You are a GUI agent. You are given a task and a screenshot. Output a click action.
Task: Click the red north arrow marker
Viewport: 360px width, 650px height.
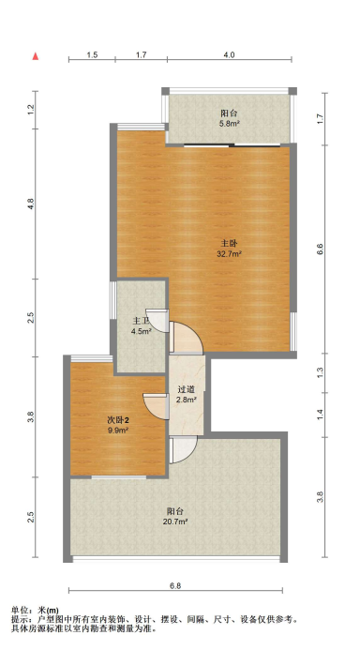coord(35,57)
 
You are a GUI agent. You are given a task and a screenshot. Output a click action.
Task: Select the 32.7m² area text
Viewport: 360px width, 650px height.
coord(230,253)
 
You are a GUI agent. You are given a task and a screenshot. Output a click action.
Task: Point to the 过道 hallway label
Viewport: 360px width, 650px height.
coord(187,389)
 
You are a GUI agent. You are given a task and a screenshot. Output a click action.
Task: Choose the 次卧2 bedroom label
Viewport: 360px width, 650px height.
coord(117,419)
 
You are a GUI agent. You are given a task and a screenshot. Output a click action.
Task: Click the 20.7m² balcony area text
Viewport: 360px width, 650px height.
coord(176,521)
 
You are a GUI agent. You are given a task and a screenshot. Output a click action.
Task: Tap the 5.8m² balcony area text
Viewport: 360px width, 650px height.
coord(229,123)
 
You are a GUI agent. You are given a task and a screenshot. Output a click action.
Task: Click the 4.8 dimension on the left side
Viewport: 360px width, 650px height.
coord(31,202)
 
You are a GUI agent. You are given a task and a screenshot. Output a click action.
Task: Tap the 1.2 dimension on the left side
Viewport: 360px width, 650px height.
coord(31,109)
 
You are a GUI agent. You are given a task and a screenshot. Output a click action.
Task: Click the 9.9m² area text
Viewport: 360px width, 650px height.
coord(117,431)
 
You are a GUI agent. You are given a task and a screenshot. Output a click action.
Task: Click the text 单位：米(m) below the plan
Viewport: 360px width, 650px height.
coord(34,609)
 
